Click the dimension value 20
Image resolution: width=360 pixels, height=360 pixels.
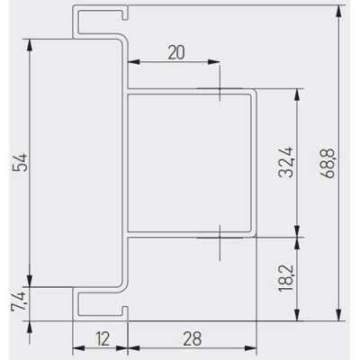pyautogui.click(x=176, y=52)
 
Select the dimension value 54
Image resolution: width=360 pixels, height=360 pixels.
pyautogui.click(x=22, y=162)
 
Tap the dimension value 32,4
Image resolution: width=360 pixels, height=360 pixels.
pyautogui.click(x=285, y=162)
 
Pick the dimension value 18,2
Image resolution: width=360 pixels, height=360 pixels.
pyautogui.click(x=285, y=278)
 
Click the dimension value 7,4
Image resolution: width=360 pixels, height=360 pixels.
pyautogui.click(x=18, y=302)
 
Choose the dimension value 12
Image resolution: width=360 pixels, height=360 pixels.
pyautogui.click(x=103, y=338)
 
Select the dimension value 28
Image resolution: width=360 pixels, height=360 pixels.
pyautogui.click(x=193, y=338)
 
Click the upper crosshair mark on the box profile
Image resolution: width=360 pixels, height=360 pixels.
pyautogui.click(x=220, y=88)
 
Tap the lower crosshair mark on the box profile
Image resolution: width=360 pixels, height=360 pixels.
pyautogui.click(x=220, y=238)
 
